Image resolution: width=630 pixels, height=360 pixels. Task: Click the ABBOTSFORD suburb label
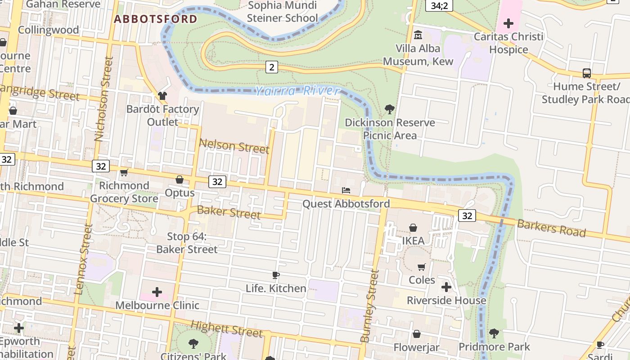click(x=155, y=19)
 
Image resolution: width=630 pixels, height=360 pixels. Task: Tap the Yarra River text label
click(x=297, y=91)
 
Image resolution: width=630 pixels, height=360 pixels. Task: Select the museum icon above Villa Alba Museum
click(x=418, y=35)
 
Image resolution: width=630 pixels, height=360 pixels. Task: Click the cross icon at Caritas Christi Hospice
click(x=508, y=23)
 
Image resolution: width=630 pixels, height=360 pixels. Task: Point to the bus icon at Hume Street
click(x=586, y=73)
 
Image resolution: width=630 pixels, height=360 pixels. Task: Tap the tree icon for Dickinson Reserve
click(x=390, y=109)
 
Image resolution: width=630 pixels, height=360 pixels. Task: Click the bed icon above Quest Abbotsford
click(x=346, y=190)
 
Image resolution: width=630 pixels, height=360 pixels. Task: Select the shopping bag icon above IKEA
click(x=413, y=228)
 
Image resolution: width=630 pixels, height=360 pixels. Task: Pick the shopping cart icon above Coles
click(x=421, y=267)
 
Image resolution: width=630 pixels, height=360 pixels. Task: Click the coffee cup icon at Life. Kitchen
click(x=276, y=275)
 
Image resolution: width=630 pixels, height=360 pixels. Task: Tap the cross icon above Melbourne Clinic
click(x=157, y=292)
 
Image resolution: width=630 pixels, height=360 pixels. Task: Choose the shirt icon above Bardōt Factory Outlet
click(x=162, y=95)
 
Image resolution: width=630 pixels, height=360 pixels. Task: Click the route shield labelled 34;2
click(x=439, y=5)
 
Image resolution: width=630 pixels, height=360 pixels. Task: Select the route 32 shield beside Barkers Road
click(x=467, y=216)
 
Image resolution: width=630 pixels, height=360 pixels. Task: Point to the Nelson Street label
click(x=234, y=146)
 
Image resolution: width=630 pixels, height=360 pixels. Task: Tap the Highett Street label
click(x=226, y=329)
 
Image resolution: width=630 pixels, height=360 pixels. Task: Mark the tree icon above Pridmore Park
click(x=494, y=333)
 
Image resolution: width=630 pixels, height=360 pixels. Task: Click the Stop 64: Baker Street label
click(x=187, y=243)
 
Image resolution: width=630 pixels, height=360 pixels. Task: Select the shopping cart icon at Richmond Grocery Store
click(x=124, y=173)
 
